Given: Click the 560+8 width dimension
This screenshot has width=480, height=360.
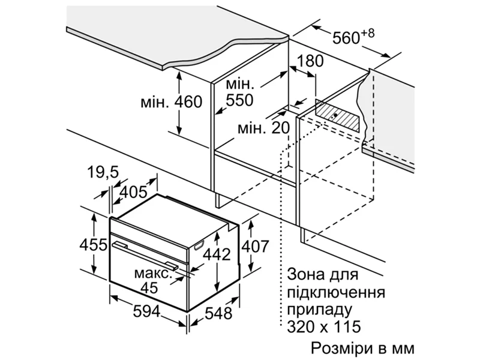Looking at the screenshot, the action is pyautogui.click(x=353, y=37).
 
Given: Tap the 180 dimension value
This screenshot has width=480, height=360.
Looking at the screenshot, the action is pyautogui.click(x=310, y=61).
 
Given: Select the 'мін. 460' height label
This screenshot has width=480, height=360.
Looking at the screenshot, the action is pyautogui.click(x=172, y=102).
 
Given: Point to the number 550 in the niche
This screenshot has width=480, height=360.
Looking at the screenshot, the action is pyautogui.click(x=239, y=100).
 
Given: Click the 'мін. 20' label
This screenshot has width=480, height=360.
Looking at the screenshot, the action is pyautogui.click(x=263, y=128).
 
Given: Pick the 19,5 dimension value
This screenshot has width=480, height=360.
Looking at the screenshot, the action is pyautogui.click(x=103, y=172).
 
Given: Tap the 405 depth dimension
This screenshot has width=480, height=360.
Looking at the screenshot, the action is pyautogui.click(x=133, y=192).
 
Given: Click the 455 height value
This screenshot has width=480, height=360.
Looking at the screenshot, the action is pyautogui.click(x=94, y=245).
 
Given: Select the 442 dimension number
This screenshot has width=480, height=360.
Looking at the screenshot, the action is pyautogui.click(x=217, y=254).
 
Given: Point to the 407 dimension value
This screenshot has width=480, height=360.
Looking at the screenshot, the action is pyautogui.click(x=256, y=246).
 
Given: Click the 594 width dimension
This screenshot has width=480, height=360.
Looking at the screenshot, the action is pyautogui.click(x=146, y=311).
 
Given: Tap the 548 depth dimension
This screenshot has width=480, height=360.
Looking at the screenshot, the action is pyautogui.click(x=218, y=313).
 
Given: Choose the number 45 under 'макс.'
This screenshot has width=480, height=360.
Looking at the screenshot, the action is pyautogui.click(x=149, y=288).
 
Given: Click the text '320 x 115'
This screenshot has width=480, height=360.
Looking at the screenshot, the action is pyautogui.click(x=324, y=326).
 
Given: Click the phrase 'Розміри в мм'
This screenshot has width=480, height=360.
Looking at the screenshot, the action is pyautogui.click(x=363, y=349).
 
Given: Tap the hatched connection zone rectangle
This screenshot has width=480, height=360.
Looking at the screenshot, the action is pyautogui.click(x=337, y=115).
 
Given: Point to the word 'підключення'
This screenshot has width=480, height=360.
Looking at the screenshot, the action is pyautogui.click(x=336, y=293).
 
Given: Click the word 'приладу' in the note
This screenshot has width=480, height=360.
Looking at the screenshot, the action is pyautogui.click(x=320, y=310).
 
